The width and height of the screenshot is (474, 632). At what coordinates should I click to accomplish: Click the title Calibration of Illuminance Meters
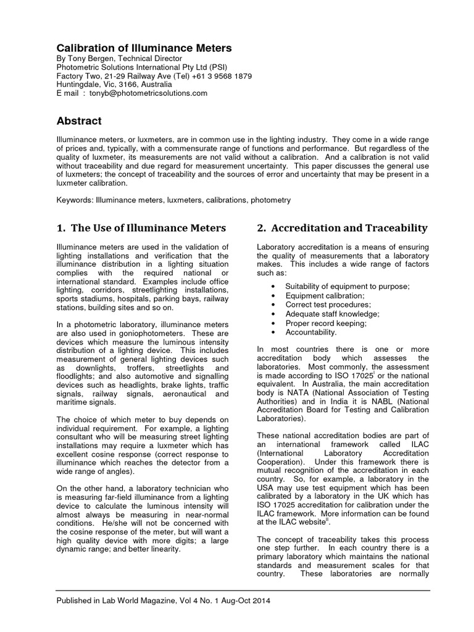[x=144, y=48]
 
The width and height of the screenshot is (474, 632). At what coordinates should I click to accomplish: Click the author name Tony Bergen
[x=92, y=59]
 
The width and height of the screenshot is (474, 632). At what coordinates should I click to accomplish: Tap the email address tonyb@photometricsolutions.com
[x=146, y=93]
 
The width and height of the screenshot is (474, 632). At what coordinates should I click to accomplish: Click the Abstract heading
[x=79, y=121]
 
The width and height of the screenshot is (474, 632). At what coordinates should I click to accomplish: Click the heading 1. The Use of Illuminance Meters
[x=141, y=228]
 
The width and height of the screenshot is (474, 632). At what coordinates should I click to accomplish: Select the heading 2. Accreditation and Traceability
[x=341, y=228]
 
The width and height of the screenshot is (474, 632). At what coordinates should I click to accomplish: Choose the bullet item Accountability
[x=311, y=332]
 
